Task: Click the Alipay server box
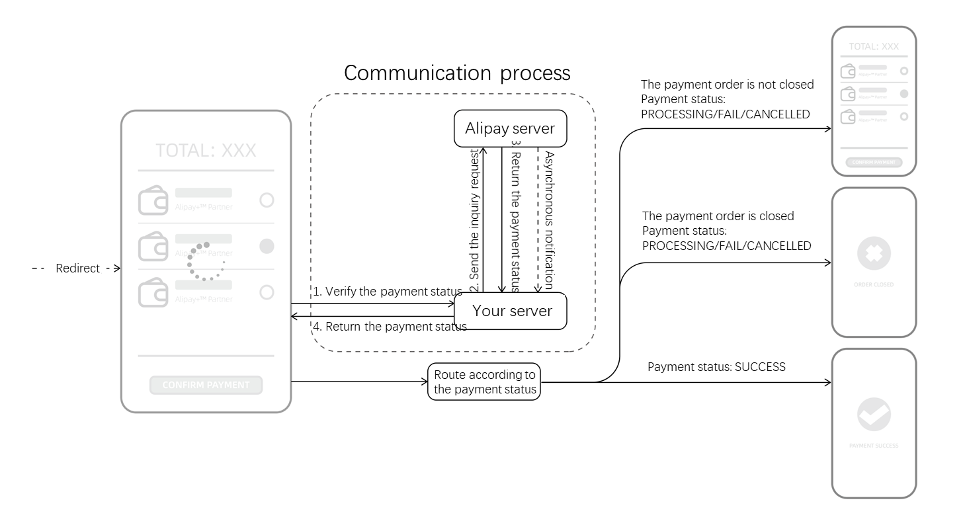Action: click(510, 128)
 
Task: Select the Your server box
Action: click(510, 311)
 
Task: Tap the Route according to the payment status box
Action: click(484, 382)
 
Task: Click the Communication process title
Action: click(456, 73)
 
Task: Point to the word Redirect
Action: click(77, 268)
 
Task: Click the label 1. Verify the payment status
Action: click(387, 292)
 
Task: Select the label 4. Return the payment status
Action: click(390, 327)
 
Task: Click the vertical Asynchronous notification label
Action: click(548, 220)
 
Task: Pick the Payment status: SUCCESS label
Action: click(716, 367)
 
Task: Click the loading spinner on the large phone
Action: click(206, 261)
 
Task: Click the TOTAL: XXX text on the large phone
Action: click(206, 151)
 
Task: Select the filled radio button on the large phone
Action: click(267, 246)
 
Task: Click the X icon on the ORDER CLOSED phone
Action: click(874, 253)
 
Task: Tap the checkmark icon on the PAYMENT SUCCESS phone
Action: click(874, 415)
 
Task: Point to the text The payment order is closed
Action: click(718, 216)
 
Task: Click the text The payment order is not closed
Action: click(727, 85)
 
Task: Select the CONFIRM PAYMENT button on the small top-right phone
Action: click(874, 163)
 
